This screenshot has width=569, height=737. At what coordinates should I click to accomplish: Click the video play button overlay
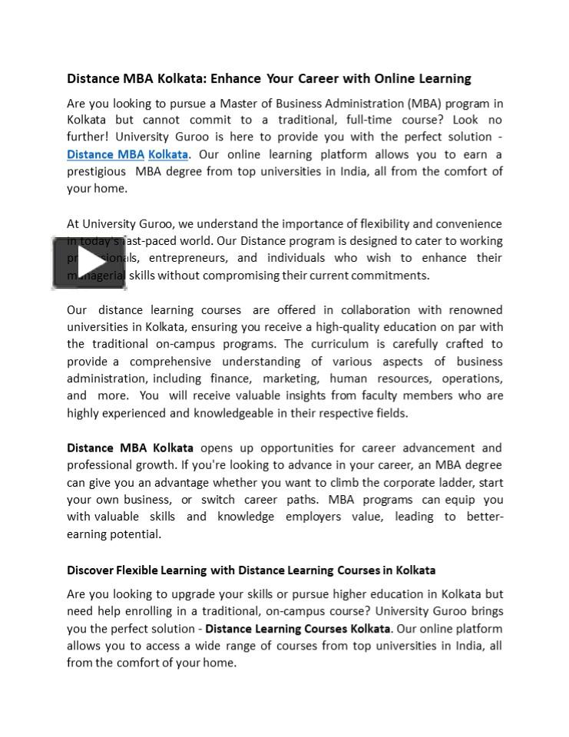[x=89, y=263]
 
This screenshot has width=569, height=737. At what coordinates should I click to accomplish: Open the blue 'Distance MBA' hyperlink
[x=106, y=154]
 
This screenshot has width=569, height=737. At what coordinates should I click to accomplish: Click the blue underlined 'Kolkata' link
[x=168, y=154]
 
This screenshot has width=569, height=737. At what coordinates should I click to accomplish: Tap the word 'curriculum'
[x=338, y=344]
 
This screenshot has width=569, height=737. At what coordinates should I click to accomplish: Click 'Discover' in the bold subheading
[x=90, y=570]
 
